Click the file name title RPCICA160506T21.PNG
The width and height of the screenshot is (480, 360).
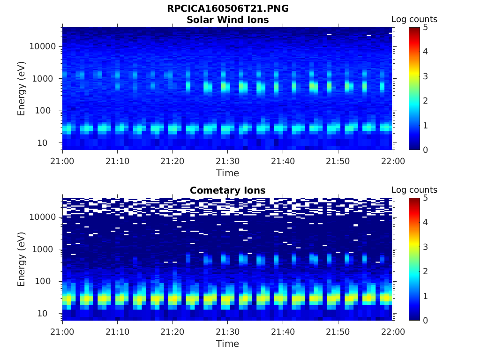pos(227,9)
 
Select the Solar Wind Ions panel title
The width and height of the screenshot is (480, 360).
pos(227,20)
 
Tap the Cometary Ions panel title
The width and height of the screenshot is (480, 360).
pos(227,190)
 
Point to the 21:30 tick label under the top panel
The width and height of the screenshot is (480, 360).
pos(227,161)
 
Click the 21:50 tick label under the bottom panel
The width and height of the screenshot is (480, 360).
pos(338,332)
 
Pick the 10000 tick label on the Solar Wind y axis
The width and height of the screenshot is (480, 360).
pos(43,46)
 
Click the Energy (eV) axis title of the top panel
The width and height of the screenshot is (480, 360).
pos(22,89)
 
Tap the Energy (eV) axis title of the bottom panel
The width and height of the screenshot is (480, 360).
pos(22,259)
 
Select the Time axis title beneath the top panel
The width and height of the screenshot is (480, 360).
pos(227,173)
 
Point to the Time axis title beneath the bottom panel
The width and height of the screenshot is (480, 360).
pos(227,344)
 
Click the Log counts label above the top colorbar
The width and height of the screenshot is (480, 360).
pos(414,19)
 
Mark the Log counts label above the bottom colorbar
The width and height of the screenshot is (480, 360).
pos(414,190)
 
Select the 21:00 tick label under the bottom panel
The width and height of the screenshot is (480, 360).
pos(62,332)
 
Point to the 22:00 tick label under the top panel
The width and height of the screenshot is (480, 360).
pos(393,161)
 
